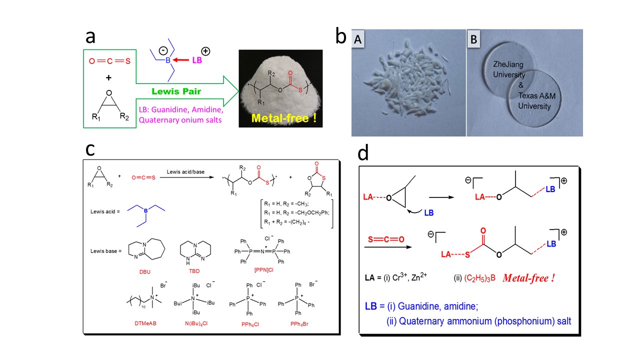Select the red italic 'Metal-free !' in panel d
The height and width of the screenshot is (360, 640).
pos(528,278)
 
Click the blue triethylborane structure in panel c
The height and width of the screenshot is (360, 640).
pos(140,212)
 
